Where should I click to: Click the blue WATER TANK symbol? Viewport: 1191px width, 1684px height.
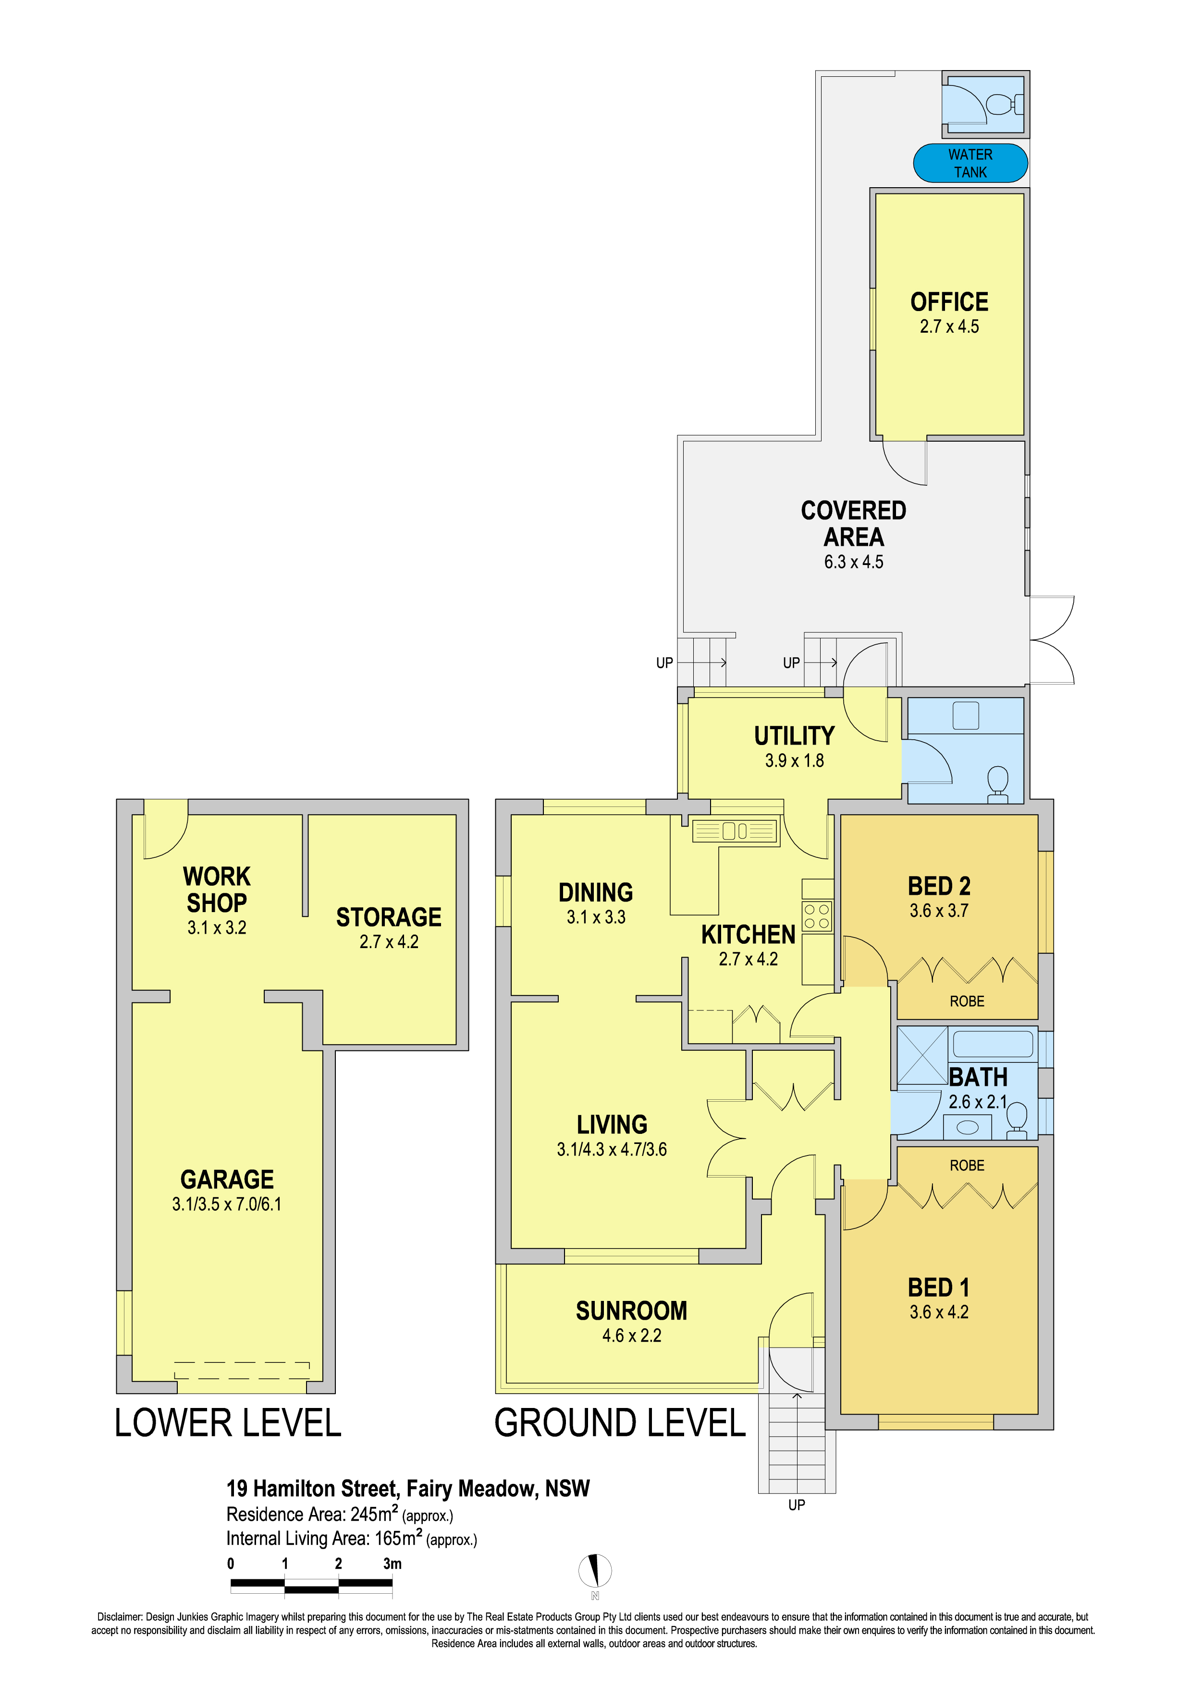(x=970, y=163)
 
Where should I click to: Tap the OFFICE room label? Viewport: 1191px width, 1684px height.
(x=949, y=301)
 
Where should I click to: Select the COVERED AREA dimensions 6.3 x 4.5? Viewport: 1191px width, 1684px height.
(x=853, y=562)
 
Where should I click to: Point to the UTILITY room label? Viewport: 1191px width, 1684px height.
(x=794, y=735)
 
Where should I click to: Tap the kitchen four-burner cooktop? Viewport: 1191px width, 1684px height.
(x=817, y=916)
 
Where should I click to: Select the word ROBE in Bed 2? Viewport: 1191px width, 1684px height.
(x=967, y=1001)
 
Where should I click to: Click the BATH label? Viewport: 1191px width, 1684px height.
(x=978, y=1077)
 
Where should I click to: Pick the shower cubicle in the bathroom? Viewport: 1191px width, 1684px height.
(x=922, y=1056)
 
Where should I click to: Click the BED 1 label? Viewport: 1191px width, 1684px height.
(x=939, y=1287)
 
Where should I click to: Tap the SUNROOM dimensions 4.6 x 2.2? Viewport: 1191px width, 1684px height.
(x=632, y=1335)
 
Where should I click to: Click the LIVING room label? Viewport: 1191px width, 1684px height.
(x=612, y=1124)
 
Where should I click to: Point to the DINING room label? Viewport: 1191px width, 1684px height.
(x=596, y=892)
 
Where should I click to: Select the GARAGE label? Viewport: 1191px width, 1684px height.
(x=227, y=1179)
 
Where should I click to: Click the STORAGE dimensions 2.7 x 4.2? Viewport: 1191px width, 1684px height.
(x=389, y=942)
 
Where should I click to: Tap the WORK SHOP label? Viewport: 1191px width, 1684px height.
(x=217, y=889)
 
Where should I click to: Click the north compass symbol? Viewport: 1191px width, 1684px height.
(x=595, y=1570)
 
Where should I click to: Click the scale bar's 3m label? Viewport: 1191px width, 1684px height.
(x=393, y=1563)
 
